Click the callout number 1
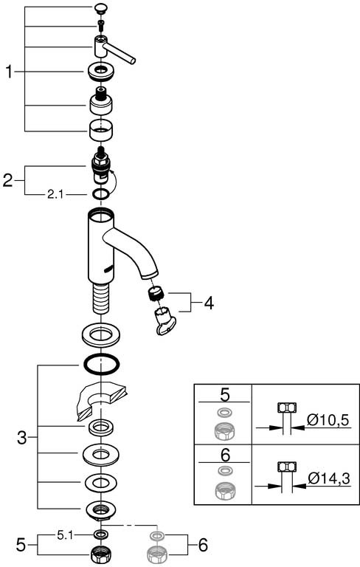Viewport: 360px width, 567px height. [x=9, y=72]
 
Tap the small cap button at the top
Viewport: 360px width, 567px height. [x=101, y=8]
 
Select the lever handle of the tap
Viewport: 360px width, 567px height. [x=114, y=49]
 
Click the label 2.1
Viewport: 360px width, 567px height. [x=55, y=195]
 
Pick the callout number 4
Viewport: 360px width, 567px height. [x=209, y=303]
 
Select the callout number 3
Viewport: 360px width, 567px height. [x=22, y=438]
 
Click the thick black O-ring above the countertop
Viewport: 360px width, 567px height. [x=101, y=364]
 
